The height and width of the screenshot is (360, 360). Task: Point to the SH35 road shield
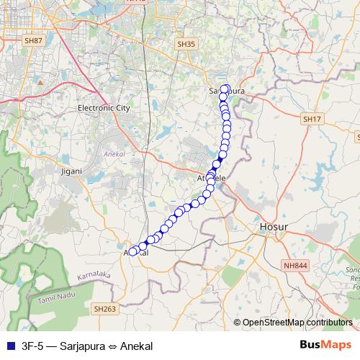pos(186,44)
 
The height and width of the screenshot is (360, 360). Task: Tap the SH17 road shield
pos(312,118)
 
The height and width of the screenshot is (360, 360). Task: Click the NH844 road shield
pos(295,266)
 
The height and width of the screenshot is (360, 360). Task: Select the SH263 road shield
pos(104,308)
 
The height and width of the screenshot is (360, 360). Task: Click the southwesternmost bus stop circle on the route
pos(132,251)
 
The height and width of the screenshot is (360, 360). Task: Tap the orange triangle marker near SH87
pos(41,83)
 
